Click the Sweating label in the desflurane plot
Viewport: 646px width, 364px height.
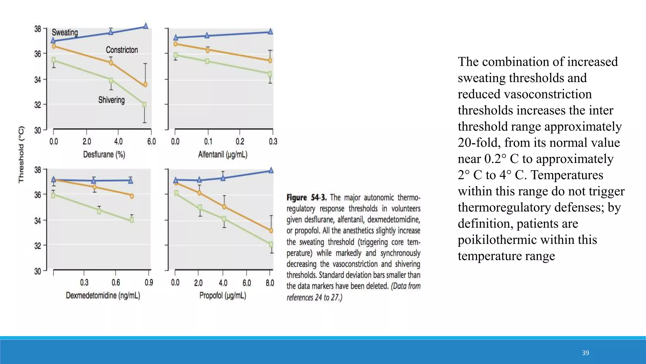pos(65,33)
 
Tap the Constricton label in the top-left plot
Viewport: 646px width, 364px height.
pos(122,50)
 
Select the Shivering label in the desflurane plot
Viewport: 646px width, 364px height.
pos(111,100)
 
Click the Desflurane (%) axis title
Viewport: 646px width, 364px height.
pos(104,155)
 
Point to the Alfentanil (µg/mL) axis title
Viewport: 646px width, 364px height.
pos(223,155)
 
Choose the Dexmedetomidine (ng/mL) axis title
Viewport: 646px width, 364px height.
pos(103,295)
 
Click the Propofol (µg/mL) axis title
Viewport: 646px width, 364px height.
pos(223,295)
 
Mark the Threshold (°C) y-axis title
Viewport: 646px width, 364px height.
pos(21,155)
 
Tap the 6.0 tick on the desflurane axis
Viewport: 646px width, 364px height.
pos(151,142)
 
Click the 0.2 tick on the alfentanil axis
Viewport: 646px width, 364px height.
pos(240,142)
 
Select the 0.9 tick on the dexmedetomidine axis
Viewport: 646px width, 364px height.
pos(149,282)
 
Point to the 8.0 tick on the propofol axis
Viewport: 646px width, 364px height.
pos(270,283)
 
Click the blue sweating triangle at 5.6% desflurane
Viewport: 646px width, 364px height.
pos(146,26)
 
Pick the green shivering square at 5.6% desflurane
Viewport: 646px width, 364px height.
pos(144,105)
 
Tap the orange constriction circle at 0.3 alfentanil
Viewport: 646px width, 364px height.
pos(270,61)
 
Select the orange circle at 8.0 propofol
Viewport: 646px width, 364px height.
pos(271,231)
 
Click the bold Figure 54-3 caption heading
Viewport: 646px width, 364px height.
pos(306,198)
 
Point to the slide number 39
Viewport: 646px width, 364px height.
pos(585,353)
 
